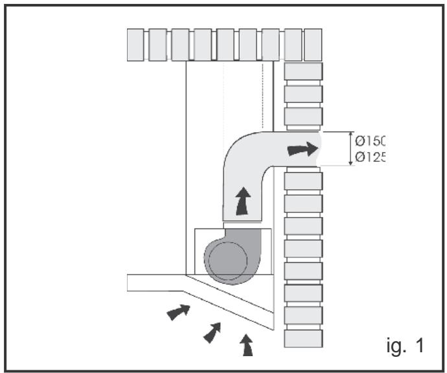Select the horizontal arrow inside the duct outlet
click(x=303, y=150)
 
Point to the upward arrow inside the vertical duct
click(x=242, y=201)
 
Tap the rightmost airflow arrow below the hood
click(x=247, y=345)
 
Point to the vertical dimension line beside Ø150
click(x=352, y=149)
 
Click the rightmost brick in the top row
click(x=313, y=44)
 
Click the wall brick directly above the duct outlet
click(x=303, y=119)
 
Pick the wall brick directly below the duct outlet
click(x=303, y=181)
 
